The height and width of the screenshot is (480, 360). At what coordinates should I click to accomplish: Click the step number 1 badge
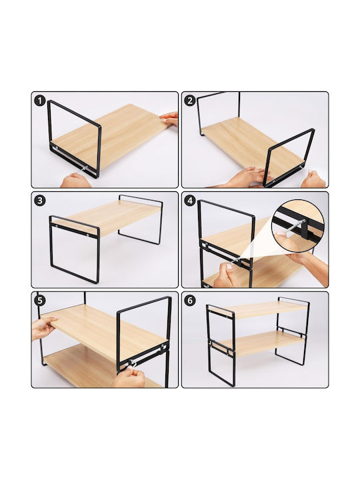(40, 101)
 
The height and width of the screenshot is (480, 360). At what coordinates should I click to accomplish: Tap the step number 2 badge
(190, 101)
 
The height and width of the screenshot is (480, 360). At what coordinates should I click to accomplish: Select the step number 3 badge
(40, 201)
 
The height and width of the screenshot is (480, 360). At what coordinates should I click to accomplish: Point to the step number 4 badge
(190, 201)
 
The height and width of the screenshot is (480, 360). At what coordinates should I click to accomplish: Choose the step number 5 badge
(40, 301)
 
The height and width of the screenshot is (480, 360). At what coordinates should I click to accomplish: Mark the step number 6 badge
(190, 301)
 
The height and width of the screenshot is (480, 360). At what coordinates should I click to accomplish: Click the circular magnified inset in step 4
(298, 227)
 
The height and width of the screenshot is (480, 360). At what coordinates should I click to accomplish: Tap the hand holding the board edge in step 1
(169, 119)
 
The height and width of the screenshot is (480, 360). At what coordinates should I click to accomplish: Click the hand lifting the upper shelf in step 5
(44, 327)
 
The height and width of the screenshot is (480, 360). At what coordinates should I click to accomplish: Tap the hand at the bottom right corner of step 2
(313, 179)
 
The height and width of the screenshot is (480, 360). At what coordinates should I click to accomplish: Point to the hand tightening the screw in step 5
(129, 377)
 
